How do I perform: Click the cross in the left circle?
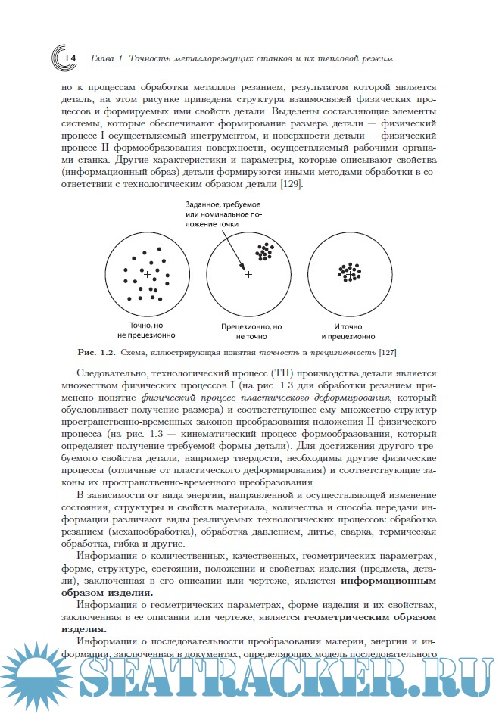point(147,274)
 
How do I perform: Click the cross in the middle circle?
point(248,274)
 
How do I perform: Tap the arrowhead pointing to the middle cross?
point(245,269)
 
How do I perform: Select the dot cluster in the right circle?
point(350,272)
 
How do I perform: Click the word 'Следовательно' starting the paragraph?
point(111,374)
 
